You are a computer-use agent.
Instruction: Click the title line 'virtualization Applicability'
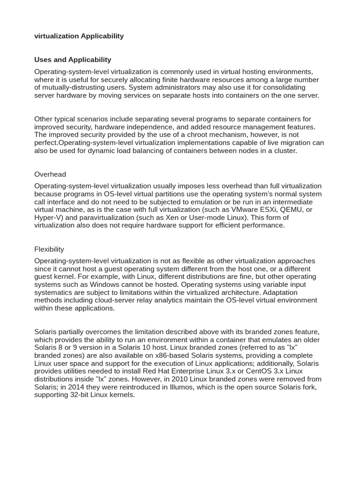[x=79, y=36]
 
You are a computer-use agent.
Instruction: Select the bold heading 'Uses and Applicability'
[x=73, y=60]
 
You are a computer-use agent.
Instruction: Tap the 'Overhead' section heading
[x=50, y=174]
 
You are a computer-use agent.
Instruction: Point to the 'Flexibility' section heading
[x=49, y=249]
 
